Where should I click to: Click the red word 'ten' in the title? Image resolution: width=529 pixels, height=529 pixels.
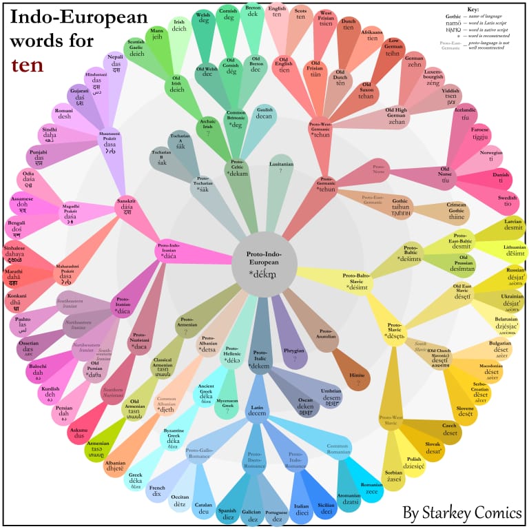[x=26, y=65]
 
